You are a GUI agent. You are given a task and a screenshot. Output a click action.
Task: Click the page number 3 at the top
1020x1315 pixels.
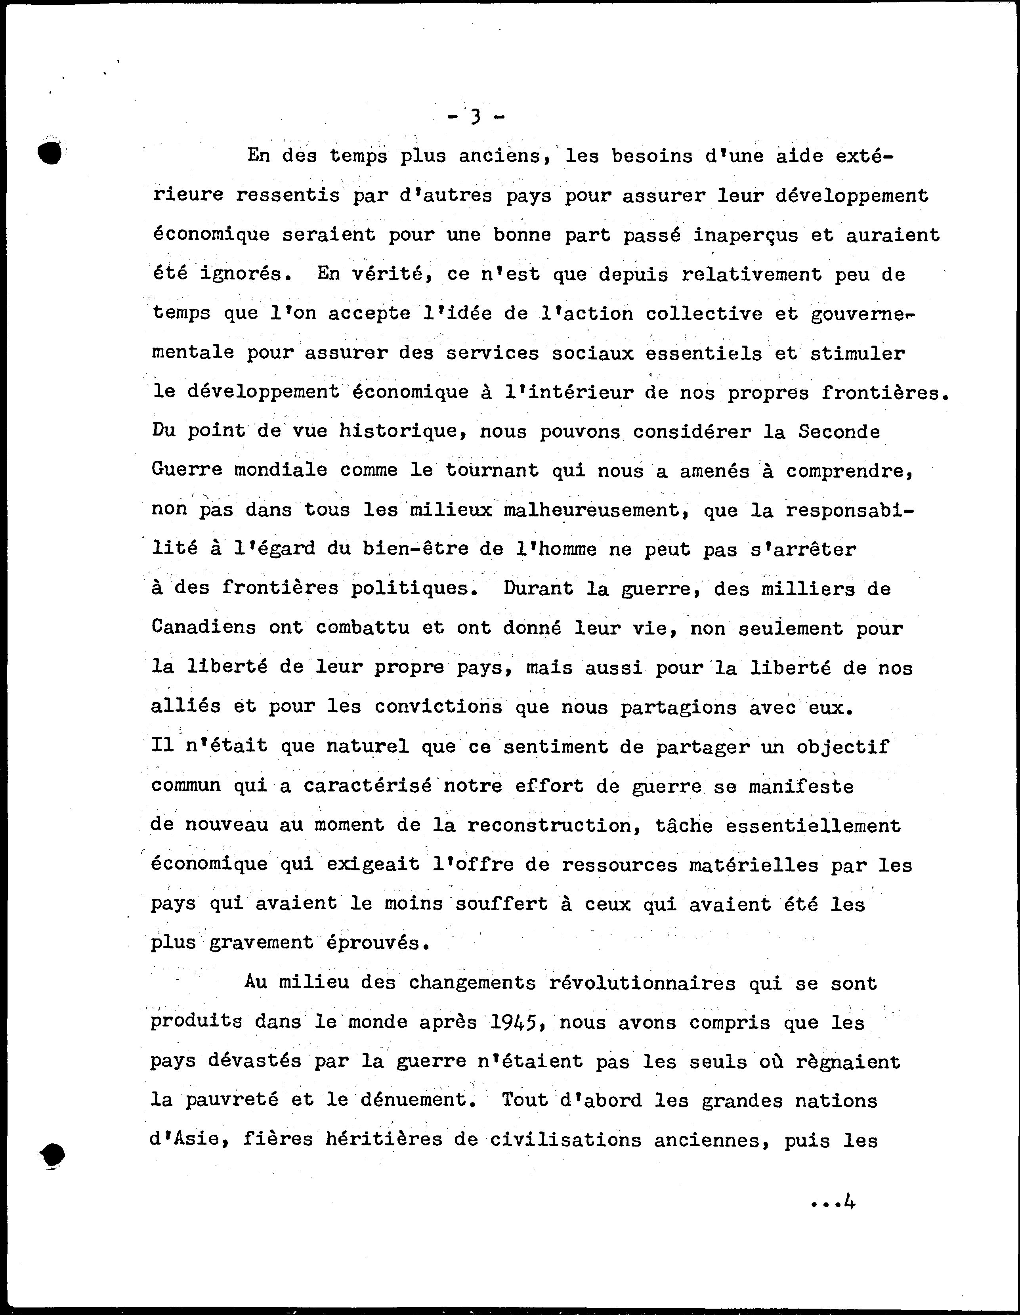[476, 116]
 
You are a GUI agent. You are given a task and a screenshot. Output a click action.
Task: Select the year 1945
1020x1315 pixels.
[514, 1023]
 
